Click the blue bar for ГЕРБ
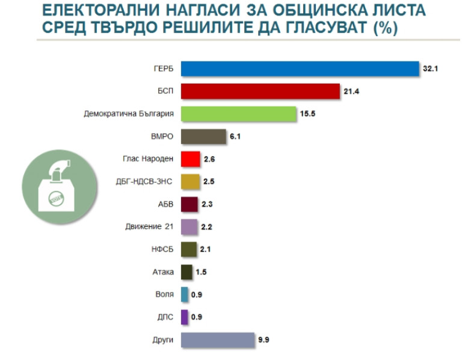(x=299, y=69)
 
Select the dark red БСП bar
(x=260, y=91)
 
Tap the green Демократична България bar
(x=238, y=114)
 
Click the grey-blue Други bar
(x=217, y=340)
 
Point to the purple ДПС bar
(x=184, y=317)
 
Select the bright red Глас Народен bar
(x=190, y=159)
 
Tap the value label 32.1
(x=430, y=69)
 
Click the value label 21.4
(x=351, y=92)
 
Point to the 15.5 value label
(x=308, y=114)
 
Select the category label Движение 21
(x=152, y=227)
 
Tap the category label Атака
(x=163, y=272)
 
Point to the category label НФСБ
(x=162, y=250)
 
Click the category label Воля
(x=164, y=295)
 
